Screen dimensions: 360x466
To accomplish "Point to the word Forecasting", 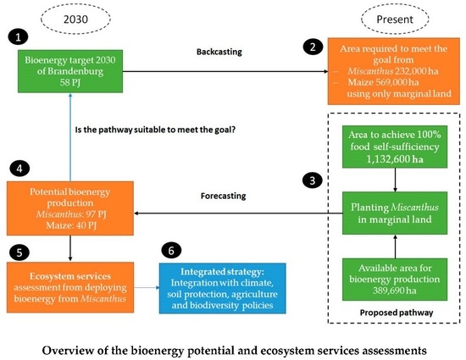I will [223, 196].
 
